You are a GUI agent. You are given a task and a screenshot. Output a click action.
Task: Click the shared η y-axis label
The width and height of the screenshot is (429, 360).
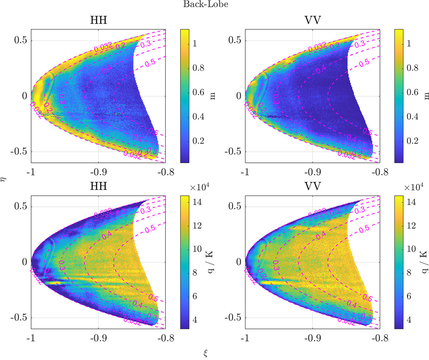tap(5, 181)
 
